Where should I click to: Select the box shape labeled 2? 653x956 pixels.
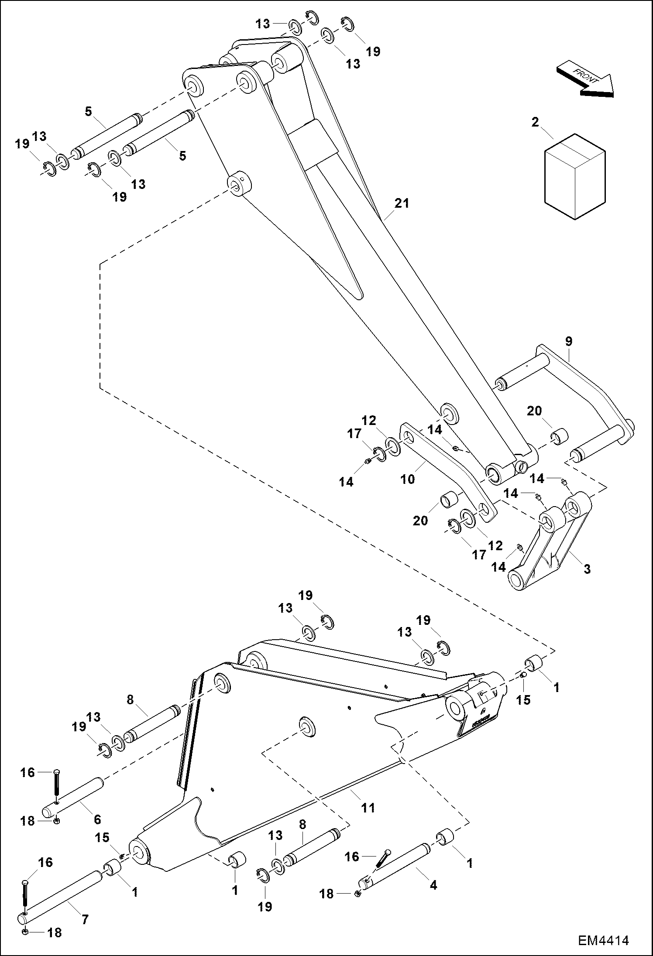[x=575, y=176]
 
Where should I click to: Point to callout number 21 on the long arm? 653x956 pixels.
[x=402, y=203]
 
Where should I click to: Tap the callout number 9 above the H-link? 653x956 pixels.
[x=568, y=341]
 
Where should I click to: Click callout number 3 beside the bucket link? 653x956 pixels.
[x=587, y=569]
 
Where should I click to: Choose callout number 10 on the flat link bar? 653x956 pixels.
[x=408, y=479]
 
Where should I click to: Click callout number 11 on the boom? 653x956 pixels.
[x=368, y=808]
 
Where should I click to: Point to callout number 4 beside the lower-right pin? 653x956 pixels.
[x=433, y=885]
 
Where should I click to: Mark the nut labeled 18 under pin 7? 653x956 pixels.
[x=25, y=932]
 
